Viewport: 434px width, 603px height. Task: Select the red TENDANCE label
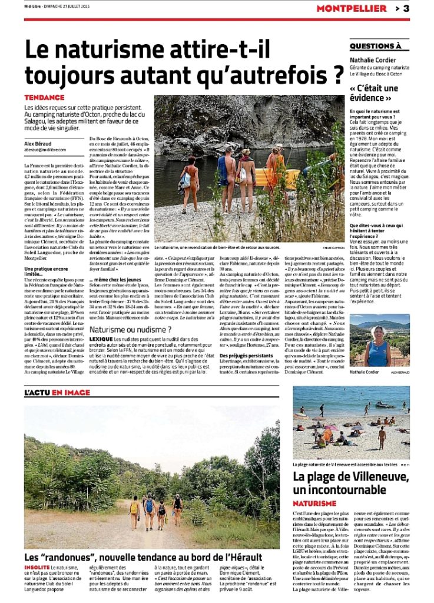pos(44,97)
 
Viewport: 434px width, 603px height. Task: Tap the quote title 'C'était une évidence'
pos(374,93)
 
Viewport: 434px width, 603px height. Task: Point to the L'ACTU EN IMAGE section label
pos(58,392)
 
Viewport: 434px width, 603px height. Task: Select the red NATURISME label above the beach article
pos(314,503)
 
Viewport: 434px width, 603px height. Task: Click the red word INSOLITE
pos(37,566)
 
